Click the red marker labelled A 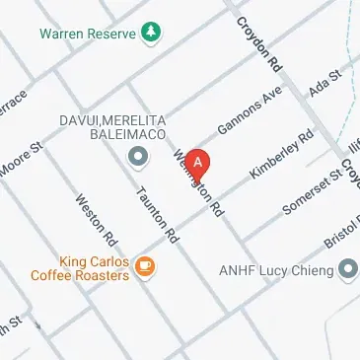[198, 162]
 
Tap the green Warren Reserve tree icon [150, 33]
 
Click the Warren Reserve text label [88, 33]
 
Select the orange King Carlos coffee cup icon [145, 266]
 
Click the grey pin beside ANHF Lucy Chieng [347, 267]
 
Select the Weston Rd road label [97, 219]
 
